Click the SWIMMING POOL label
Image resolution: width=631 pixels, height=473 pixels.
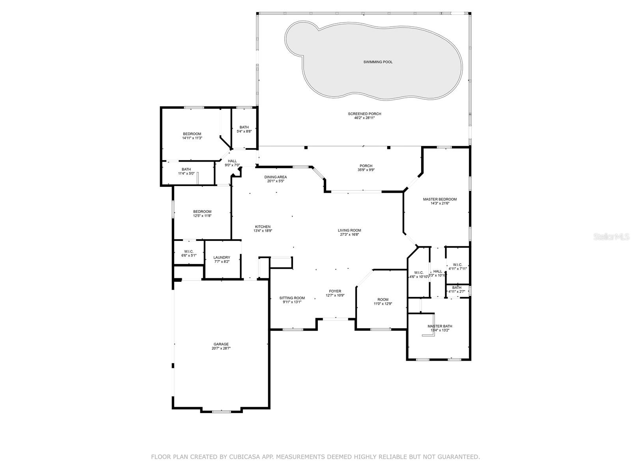point(378,62)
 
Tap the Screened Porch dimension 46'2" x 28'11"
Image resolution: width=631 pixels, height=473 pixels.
point(364,118)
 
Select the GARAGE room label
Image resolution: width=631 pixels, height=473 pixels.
point(221,344)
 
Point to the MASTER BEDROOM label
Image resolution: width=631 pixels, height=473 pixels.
point(440,199)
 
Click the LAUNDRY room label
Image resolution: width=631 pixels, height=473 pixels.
point(222,257)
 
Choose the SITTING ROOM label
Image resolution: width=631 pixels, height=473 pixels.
point(292,298)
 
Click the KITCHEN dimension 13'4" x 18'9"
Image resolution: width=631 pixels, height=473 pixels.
point(263,231)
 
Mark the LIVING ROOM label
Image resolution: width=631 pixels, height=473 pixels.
point(349,231)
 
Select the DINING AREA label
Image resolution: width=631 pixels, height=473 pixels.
point(276,177)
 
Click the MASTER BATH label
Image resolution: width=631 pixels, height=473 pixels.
point(440,326)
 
